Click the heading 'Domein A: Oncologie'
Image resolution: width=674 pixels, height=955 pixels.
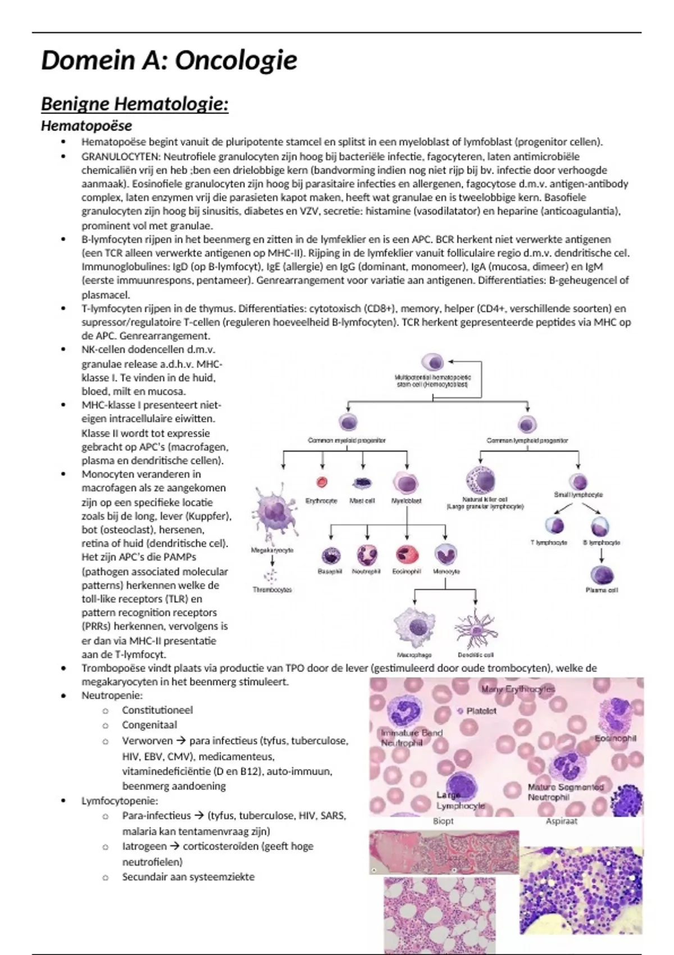(169, 61)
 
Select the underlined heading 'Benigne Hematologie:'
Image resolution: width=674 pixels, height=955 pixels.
(135, 104)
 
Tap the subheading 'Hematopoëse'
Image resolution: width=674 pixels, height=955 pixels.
(86, 126)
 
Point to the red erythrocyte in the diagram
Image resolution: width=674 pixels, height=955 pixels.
(322, 482)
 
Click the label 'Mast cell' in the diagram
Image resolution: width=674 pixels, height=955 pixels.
(362, 501)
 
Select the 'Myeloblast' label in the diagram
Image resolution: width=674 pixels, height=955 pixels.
(406, 501)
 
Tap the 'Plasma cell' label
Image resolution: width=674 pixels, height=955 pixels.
(602, 590)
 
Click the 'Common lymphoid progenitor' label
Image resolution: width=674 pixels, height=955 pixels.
(527, 440)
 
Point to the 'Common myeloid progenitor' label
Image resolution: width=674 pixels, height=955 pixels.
(347, 440)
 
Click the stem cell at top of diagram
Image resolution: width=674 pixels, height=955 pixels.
(432, 362)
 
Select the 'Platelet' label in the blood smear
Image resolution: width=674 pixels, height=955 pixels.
(481, 711)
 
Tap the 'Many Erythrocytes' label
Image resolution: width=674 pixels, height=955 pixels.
(517, 689)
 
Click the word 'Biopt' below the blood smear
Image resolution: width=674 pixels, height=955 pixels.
(443, 821)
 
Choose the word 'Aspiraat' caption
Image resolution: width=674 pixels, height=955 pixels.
(562, 821)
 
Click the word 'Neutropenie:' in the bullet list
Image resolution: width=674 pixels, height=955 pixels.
(104, 695)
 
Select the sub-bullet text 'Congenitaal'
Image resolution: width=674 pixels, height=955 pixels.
(149, 725)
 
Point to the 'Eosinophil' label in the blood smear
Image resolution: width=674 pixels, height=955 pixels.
(615, 738)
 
